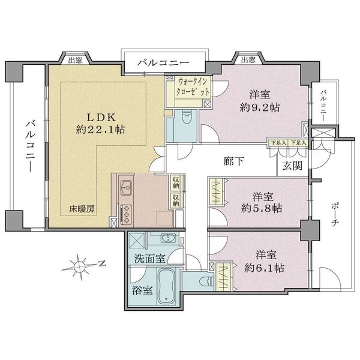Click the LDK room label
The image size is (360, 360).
click(100, 116)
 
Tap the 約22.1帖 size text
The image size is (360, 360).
click(100, 129)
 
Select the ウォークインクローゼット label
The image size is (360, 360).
click(193, 87)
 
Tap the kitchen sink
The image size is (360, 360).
click(127, 188)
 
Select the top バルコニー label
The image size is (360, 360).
click(163, 62)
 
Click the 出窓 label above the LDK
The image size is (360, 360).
click(75, 59)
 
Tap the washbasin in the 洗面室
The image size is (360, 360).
click(166, 237)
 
